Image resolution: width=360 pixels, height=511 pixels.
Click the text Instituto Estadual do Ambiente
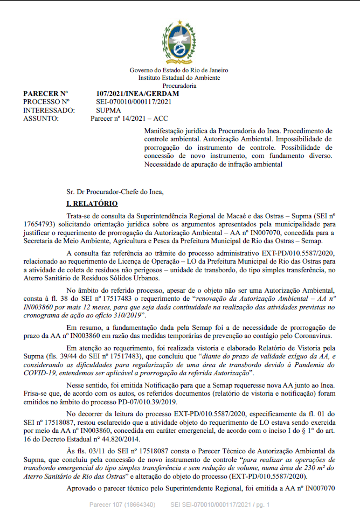tap(179, 78)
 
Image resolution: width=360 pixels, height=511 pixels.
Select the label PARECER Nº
tap(46, 93)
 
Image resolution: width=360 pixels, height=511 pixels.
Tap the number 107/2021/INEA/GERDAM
tap(137, 93)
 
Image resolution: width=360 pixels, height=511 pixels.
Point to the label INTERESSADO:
tap(49, 109)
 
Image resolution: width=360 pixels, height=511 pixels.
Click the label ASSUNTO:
tap(41, 118)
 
